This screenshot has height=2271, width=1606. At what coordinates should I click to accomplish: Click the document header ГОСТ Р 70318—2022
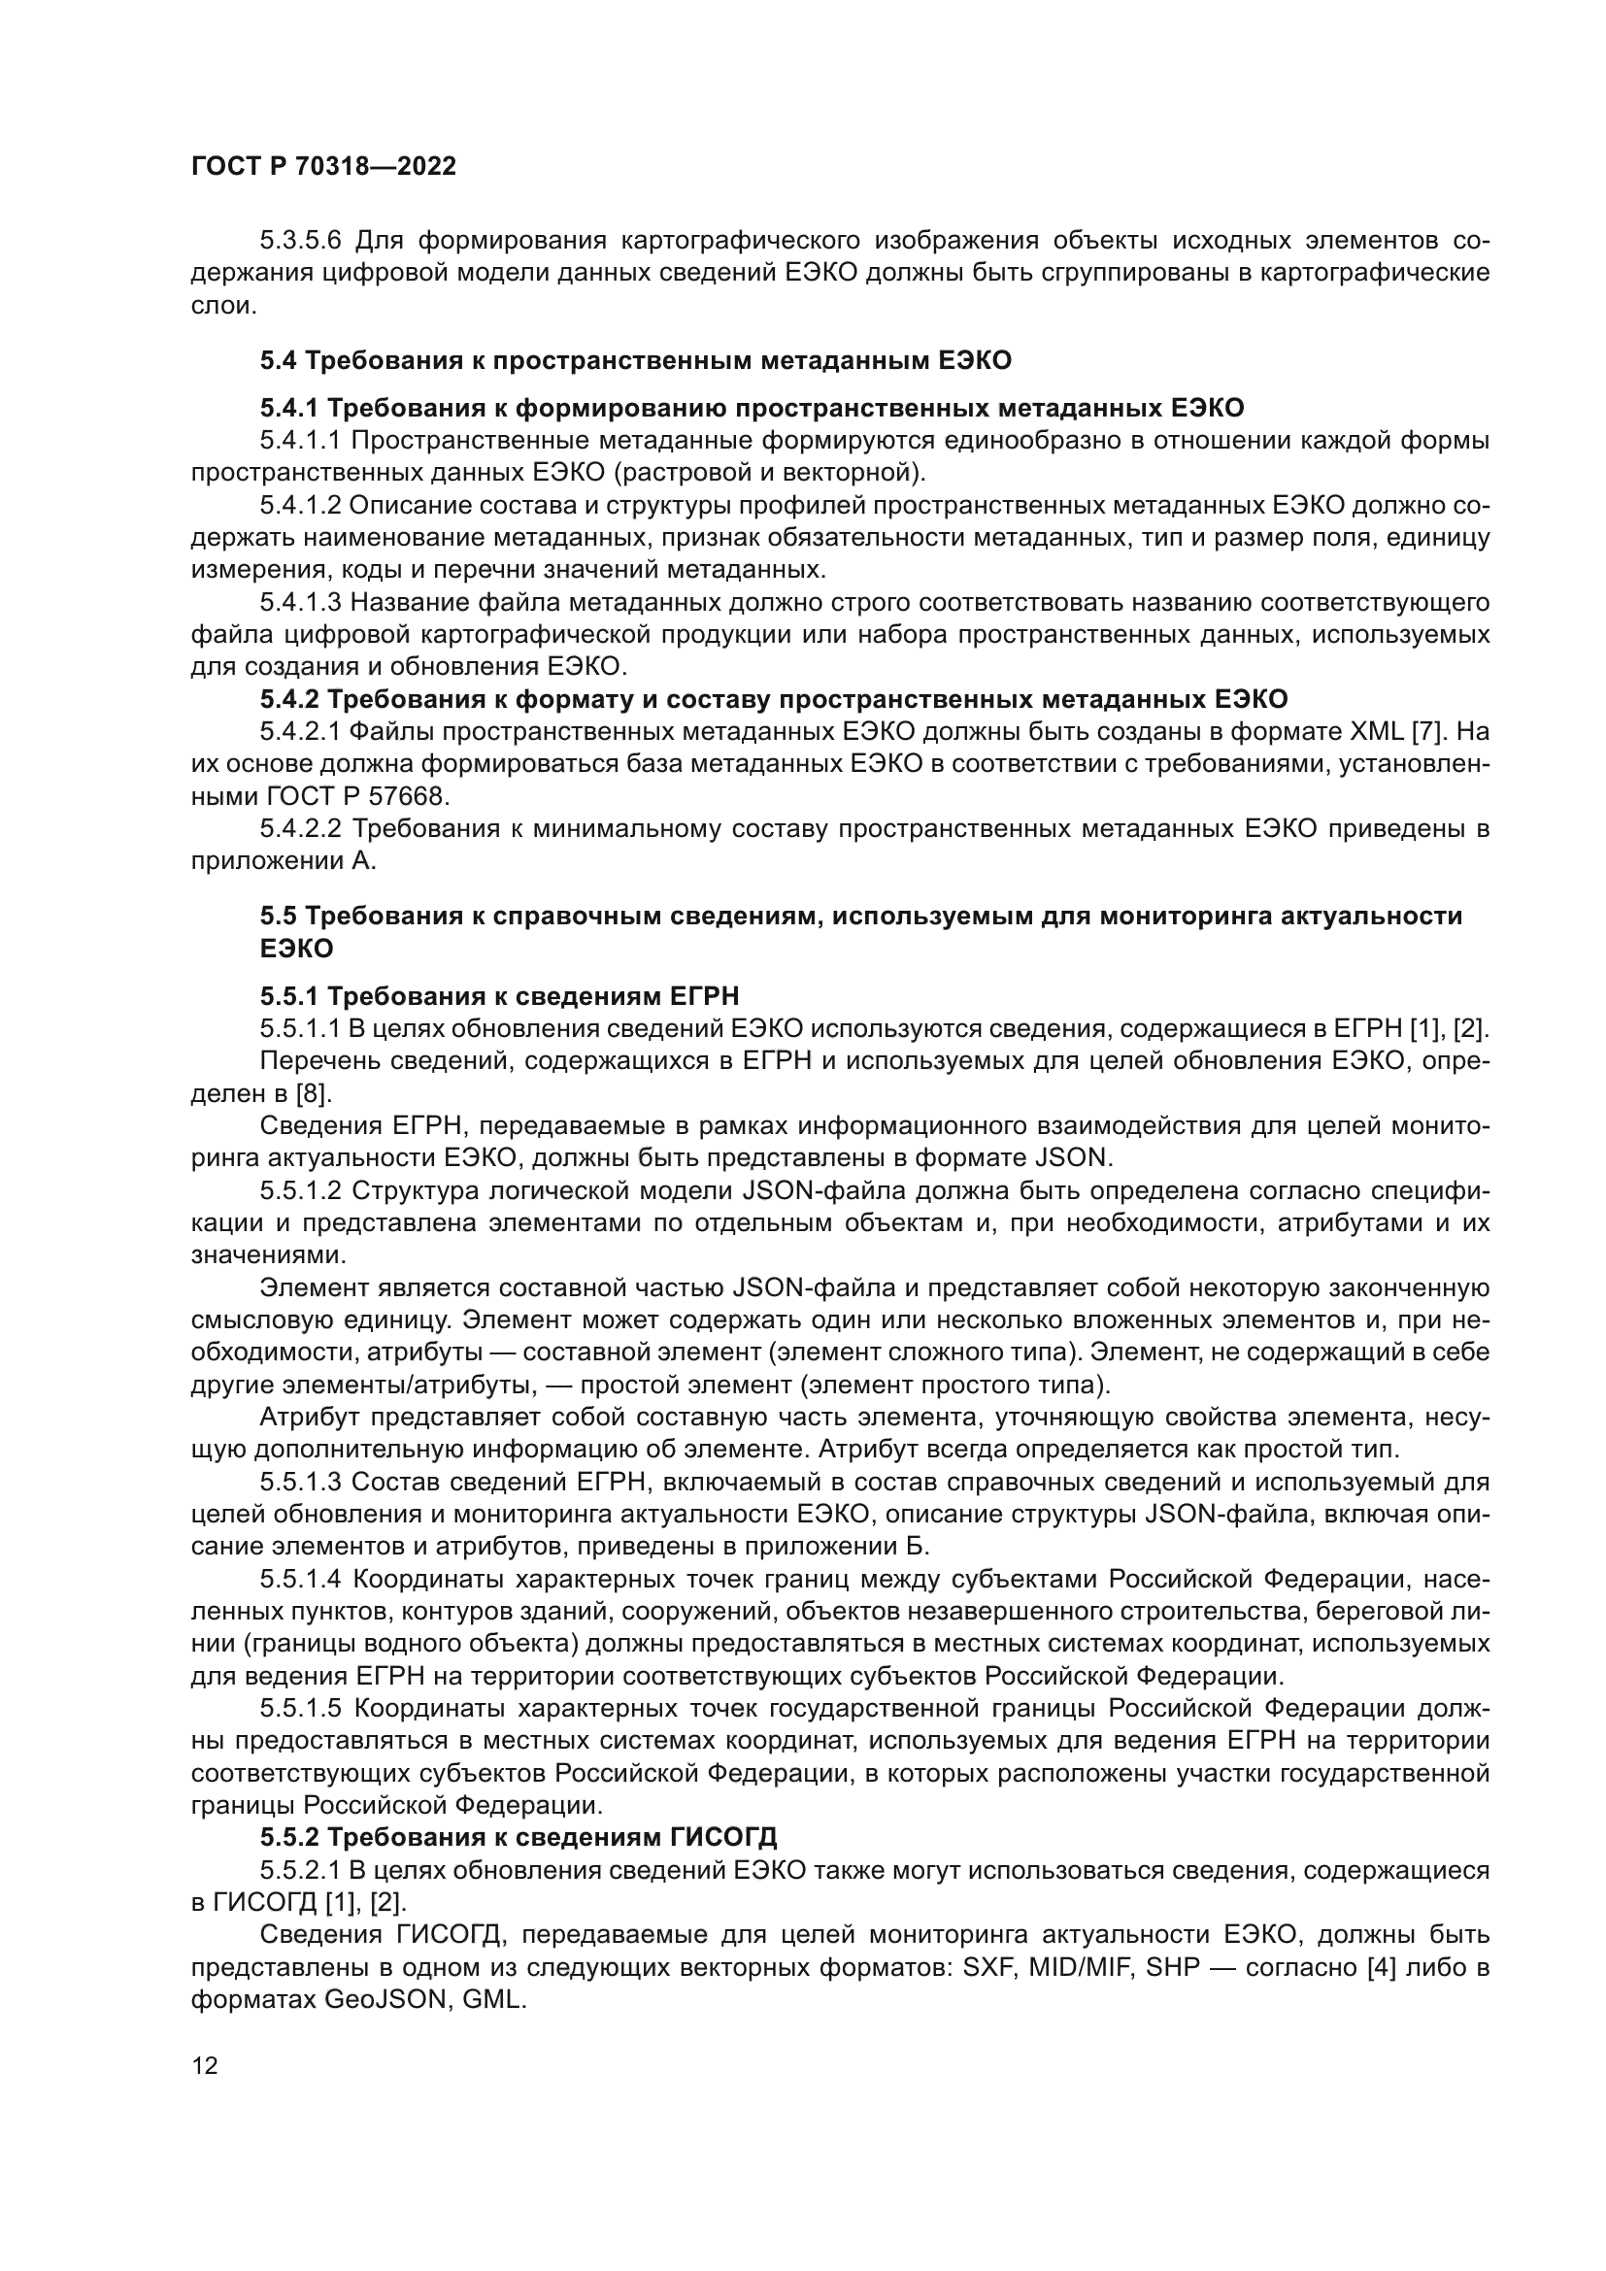(x=323, y=167)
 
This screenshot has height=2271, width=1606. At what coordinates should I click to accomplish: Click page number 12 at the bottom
(x=205, y=2065)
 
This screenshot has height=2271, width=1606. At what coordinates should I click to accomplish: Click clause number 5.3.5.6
(x=301, y=241)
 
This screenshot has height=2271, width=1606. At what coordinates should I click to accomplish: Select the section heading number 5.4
(x=278, y=360)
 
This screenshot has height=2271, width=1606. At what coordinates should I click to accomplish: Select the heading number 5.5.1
(x=288, y=995)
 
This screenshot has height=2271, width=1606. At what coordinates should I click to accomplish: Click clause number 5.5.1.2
(x=301, y=1190)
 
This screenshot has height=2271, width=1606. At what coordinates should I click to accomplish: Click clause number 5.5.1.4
(x=301, y=1579)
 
